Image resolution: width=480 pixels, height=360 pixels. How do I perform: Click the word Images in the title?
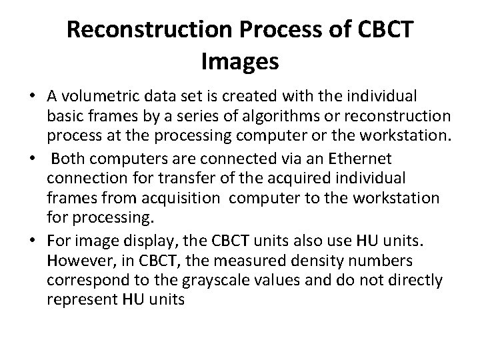click(239, 62)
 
